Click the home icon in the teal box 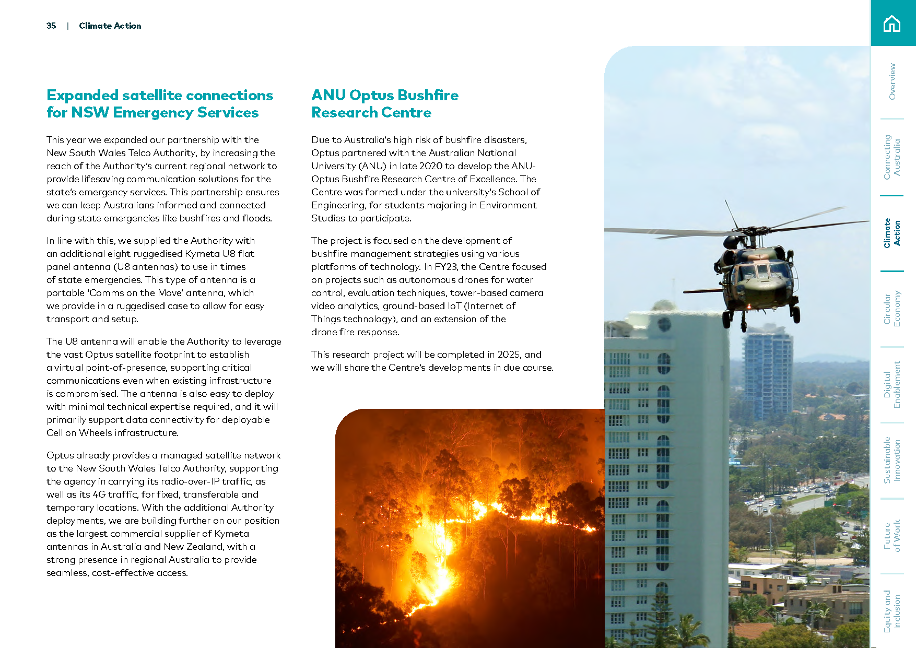[x=892, y=23]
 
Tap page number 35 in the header [x=51, y=26]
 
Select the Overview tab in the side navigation [x=892, y=81]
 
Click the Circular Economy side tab [x=892, y=309]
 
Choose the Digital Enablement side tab [x=892, y=384]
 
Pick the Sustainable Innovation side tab [x=892, y=460]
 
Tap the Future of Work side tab [x=892, y=536]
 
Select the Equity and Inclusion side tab [x=892, y=611]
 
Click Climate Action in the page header [x=110, y=26]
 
